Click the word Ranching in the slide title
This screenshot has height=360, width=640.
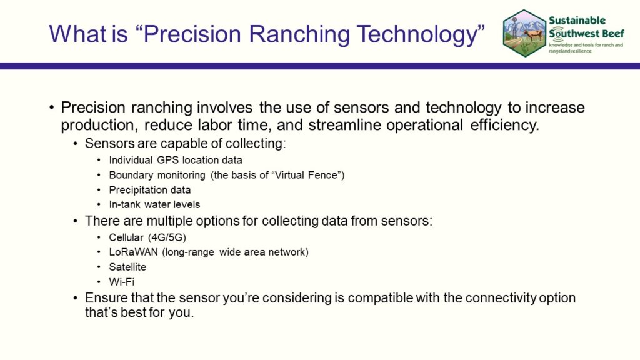299,34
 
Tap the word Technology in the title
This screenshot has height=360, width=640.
417,34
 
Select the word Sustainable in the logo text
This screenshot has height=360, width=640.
577,21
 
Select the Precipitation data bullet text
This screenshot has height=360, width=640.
150,190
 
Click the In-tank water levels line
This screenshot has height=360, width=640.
154,204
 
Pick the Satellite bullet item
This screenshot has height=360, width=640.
127,267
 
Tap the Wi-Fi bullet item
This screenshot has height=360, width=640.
122,282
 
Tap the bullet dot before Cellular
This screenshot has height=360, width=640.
99,237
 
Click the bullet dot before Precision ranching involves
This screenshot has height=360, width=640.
51,107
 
